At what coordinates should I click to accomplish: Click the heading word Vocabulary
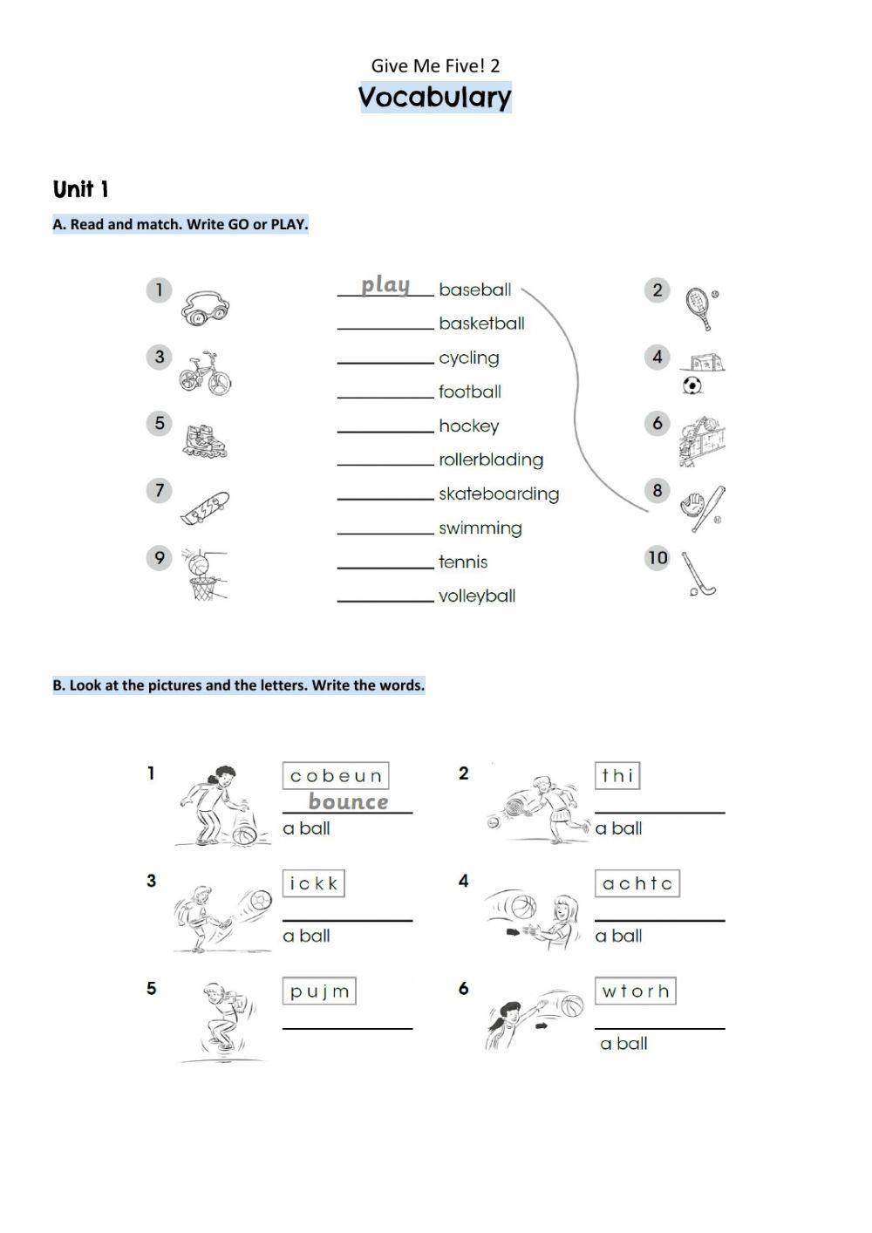435,97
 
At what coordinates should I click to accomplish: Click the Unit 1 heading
80,189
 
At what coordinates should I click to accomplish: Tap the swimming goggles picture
206,309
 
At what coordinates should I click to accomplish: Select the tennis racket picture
699,307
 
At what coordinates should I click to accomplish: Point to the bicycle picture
206,373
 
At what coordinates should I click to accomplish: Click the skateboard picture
205,508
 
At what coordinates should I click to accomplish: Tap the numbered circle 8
657,491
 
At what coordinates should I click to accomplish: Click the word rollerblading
491,460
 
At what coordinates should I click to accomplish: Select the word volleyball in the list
477,596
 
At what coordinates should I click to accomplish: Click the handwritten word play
385,285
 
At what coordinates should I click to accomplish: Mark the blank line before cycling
385,361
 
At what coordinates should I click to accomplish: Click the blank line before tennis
385,566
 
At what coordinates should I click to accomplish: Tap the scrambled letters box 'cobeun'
336,775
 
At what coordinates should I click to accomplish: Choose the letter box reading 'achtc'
637,883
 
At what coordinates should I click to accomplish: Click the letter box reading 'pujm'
320,991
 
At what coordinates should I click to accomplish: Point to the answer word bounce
348,802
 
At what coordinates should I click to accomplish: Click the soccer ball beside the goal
692,385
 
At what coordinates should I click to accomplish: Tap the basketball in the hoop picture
200,567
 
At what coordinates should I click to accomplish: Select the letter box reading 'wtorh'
636,991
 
